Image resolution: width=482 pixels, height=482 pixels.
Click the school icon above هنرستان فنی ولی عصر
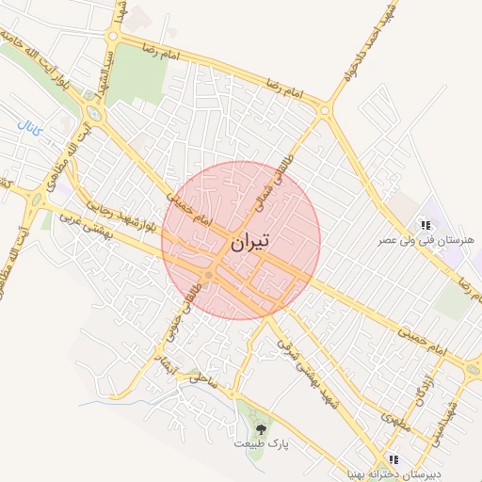coord(426,225)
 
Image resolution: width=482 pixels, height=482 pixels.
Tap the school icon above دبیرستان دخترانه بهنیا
coord(394,459)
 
